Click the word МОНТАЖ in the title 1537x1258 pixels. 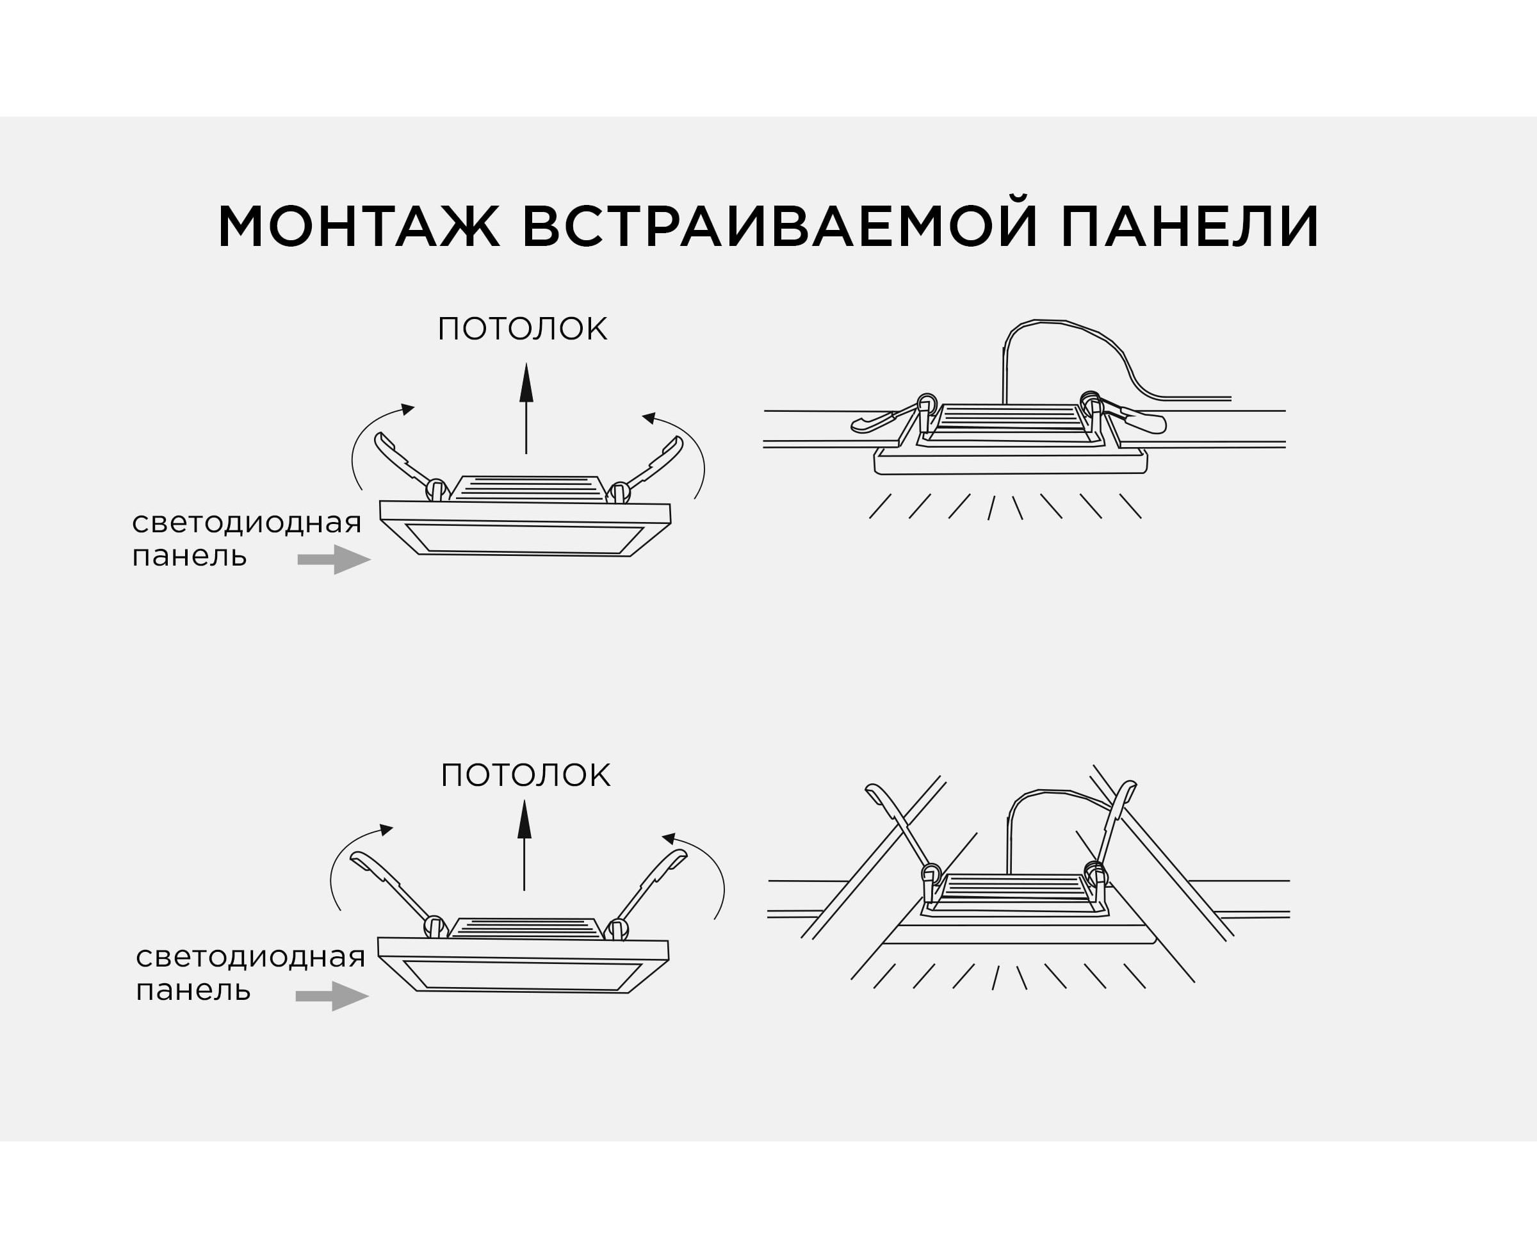[x=359, y=227]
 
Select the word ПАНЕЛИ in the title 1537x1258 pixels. [x=1189, y=227]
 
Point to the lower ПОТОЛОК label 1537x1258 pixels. [x=525, y=776]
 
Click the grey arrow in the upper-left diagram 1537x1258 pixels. [x=334, y=559]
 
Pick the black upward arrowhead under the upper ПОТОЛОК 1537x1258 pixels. [x=526, y=384]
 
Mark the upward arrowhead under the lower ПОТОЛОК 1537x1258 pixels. [x=525, y=820]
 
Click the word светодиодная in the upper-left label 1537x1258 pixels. [x=247, y=523]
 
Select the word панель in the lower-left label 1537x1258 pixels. [x=193, y=989]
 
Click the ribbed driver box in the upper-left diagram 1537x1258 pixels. [x=528, y=489]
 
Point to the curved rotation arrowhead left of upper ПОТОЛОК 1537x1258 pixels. [x=408, y=409]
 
